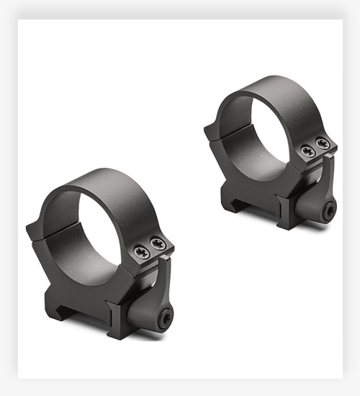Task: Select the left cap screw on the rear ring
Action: click(x=308, y=150)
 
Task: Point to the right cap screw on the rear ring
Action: click(x=323, y=145)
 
